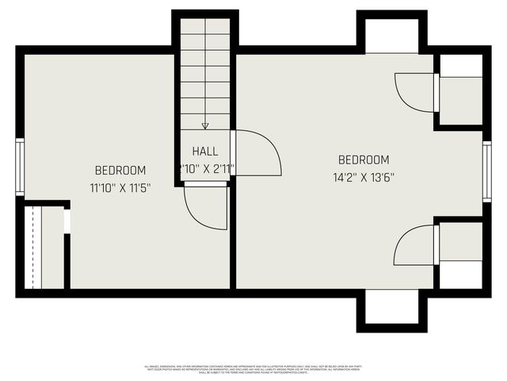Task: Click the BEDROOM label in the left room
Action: [120, 170]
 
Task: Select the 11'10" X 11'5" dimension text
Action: [120, 188]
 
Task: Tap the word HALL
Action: [205, 151]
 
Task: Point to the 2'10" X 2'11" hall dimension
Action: [206, 168]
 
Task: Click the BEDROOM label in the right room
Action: [364, 160]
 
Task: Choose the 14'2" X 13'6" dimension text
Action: [364, 178]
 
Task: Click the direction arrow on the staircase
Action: [205, 125]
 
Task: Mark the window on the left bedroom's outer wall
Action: [20, 167]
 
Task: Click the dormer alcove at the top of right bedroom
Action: [391, 37]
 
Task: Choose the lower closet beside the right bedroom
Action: [460, 254]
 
